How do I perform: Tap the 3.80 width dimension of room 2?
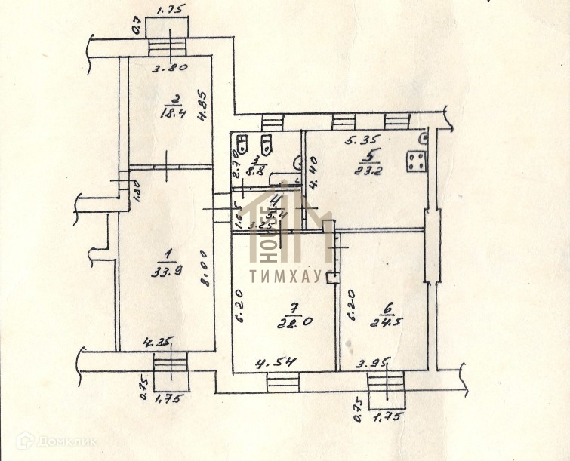[169, 67]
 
